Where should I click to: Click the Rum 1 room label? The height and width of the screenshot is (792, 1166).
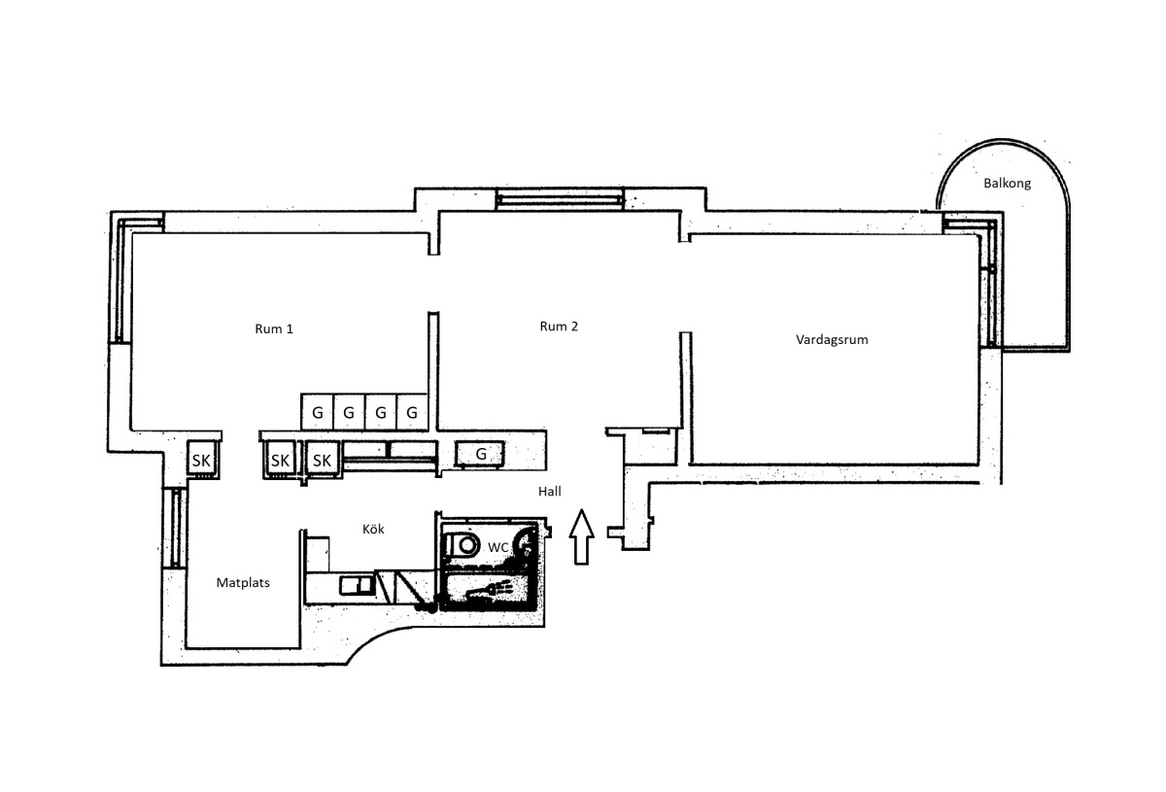274,329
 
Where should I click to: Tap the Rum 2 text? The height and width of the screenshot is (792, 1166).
559,327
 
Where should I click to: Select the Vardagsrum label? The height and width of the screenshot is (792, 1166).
832,340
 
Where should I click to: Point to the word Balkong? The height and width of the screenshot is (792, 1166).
1007,184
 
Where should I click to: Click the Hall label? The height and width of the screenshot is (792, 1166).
550,491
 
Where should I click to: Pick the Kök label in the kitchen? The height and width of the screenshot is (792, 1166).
373,529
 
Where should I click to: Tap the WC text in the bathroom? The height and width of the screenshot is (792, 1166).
498,547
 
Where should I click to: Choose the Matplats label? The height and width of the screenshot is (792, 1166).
243,583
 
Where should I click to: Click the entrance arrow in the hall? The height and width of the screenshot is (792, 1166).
581,536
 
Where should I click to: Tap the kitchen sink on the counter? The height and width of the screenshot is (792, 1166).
358,585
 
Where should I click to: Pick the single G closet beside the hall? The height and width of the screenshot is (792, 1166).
480,454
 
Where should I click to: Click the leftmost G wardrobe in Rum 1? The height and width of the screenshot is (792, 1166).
317,412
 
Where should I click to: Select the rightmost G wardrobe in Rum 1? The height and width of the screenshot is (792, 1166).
412,412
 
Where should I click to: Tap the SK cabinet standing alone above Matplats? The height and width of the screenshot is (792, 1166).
202,459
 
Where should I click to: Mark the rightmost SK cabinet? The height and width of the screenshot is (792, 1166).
323,460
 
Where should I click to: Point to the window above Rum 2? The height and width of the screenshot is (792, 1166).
559,199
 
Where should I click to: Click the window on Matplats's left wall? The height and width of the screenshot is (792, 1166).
176,528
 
